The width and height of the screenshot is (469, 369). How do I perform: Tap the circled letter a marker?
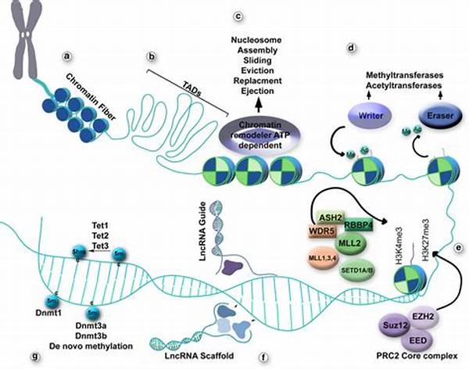click(68, 56)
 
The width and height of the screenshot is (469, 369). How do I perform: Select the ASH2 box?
click(331, 217)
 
